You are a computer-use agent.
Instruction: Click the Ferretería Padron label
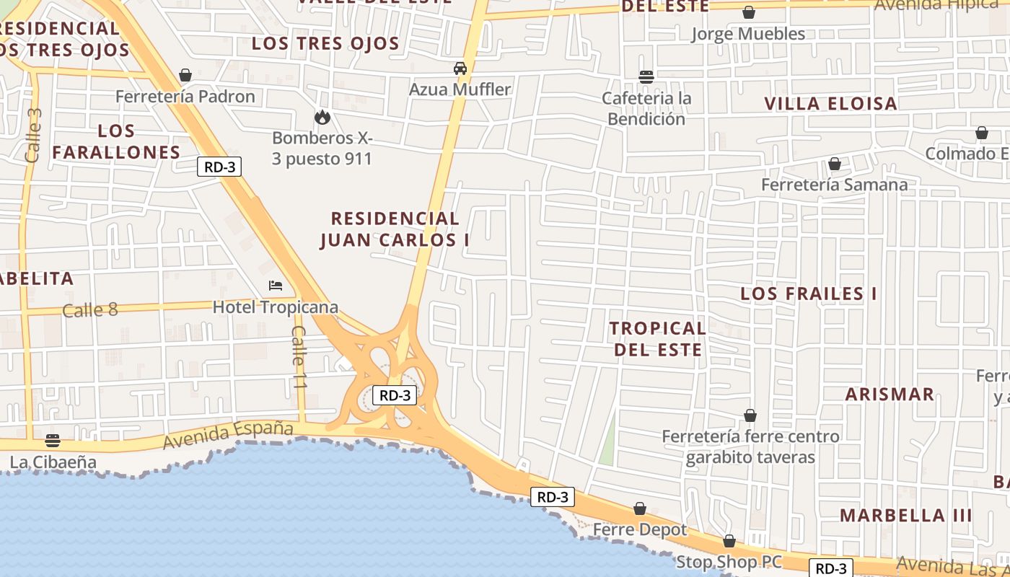pyautogui.click(x=185, y=96)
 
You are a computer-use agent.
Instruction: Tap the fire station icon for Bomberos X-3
pyautogui.click(x=322, y=117)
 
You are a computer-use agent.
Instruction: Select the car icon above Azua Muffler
pyautogui.click(x=460, y=69)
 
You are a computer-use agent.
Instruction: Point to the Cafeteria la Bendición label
pyautogui.click(x=646, y=108)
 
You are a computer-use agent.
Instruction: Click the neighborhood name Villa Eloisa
pyautogui.click(x=830, y=104)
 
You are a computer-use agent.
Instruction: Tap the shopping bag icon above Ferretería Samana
pyautogui.click(x=835, y=164)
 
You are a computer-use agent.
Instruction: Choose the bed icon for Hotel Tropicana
pyautogui.click(x=276, y=286)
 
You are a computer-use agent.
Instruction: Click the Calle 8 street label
pyautogui.click(x=89, y=310)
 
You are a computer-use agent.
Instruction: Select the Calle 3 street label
pyautogui.click(x=33, y=135)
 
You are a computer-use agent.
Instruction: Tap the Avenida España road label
pyautogui.click(x=228, y=435)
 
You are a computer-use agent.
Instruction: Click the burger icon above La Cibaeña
pyautogui.click(x=52, y=440)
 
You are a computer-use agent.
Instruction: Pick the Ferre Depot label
pyautogui.click(x=640, y=529)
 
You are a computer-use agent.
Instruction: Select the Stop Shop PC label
pyautogui.click(x=729, y=561)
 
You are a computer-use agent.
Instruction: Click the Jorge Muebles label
pyautogui.click(x=748, y=34)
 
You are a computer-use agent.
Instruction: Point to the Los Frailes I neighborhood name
pyautogui.click(x=809, y=294)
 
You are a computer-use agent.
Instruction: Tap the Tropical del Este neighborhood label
pyautogui.click(x=656, y=338)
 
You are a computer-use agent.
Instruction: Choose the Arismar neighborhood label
pyautogui.click(x=890, y=395)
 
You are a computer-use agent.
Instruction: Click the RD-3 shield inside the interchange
pyautogui.click(x=395, y=395)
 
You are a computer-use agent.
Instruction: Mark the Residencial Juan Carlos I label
pyautogui.click(x=395, y=229)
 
